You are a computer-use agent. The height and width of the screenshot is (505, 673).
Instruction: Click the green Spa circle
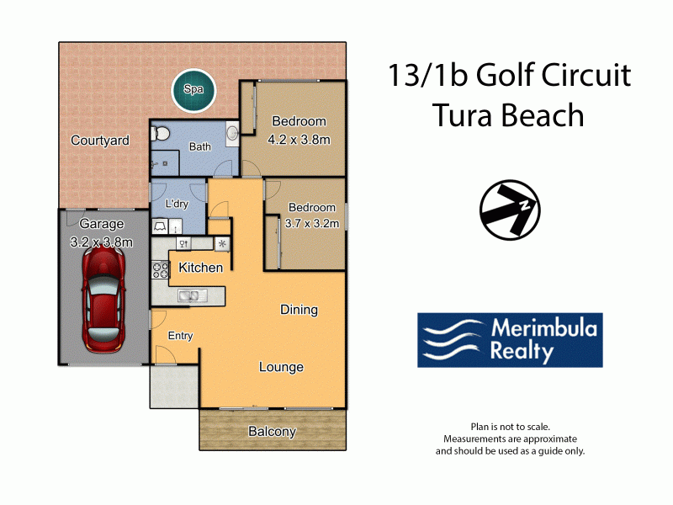point(193,91)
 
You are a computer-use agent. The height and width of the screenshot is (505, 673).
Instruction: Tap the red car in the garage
point(103,300)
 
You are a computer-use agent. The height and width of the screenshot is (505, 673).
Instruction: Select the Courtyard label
point(100,141)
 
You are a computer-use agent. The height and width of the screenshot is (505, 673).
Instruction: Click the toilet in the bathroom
point(159,133)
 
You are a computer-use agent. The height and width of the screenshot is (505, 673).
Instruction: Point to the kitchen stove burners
point(160,270)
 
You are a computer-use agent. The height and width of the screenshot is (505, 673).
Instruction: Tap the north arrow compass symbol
point(510,210)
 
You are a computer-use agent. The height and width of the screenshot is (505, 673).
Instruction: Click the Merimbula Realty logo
point(510,340)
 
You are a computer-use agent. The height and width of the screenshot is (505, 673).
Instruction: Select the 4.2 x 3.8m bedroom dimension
point(299,140)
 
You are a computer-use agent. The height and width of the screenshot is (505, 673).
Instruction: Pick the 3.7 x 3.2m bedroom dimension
point(312,223)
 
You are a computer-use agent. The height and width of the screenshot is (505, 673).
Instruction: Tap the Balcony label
point(272,431)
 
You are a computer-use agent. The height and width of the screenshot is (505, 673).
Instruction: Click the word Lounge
point(281,367)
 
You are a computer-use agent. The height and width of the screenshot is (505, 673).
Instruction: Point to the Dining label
point(299,310)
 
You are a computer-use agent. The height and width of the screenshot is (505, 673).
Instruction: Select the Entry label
point(180,336)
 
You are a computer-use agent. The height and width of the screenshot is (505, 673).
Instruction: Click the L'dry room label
point(177,203)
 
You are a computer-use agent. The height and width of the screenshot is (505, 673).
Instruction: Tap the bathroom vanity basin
point(232,133)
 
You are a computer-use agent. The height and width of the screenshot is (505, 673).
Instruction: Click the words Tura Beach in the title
point(509,115)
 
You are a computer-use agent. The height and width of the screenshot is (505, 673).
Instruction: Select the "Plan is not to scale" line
point(511,427)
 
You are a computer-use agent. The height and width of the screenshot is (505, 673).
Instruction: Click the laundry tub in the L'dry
point(160,226)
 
